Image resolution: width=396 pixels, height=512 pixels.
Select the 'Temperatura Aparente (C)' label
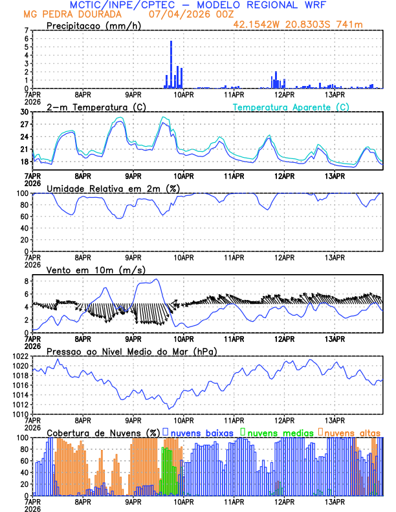(x=291, y=107)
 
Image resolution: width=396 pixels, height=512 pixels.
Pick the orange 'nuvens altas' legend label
(x=353, y=432)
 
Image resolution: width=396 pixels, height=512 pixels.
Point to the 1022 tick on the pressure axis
(x=19, y=357)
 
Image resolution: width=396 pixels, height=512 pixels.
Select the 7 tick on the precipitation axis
(x=26, y=30)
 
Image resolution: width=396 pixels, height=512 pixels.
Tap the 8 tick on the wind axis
(x=26, y=281)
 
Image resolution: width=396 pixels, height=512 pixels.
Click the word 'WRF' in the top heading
(x=311, y=5)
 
